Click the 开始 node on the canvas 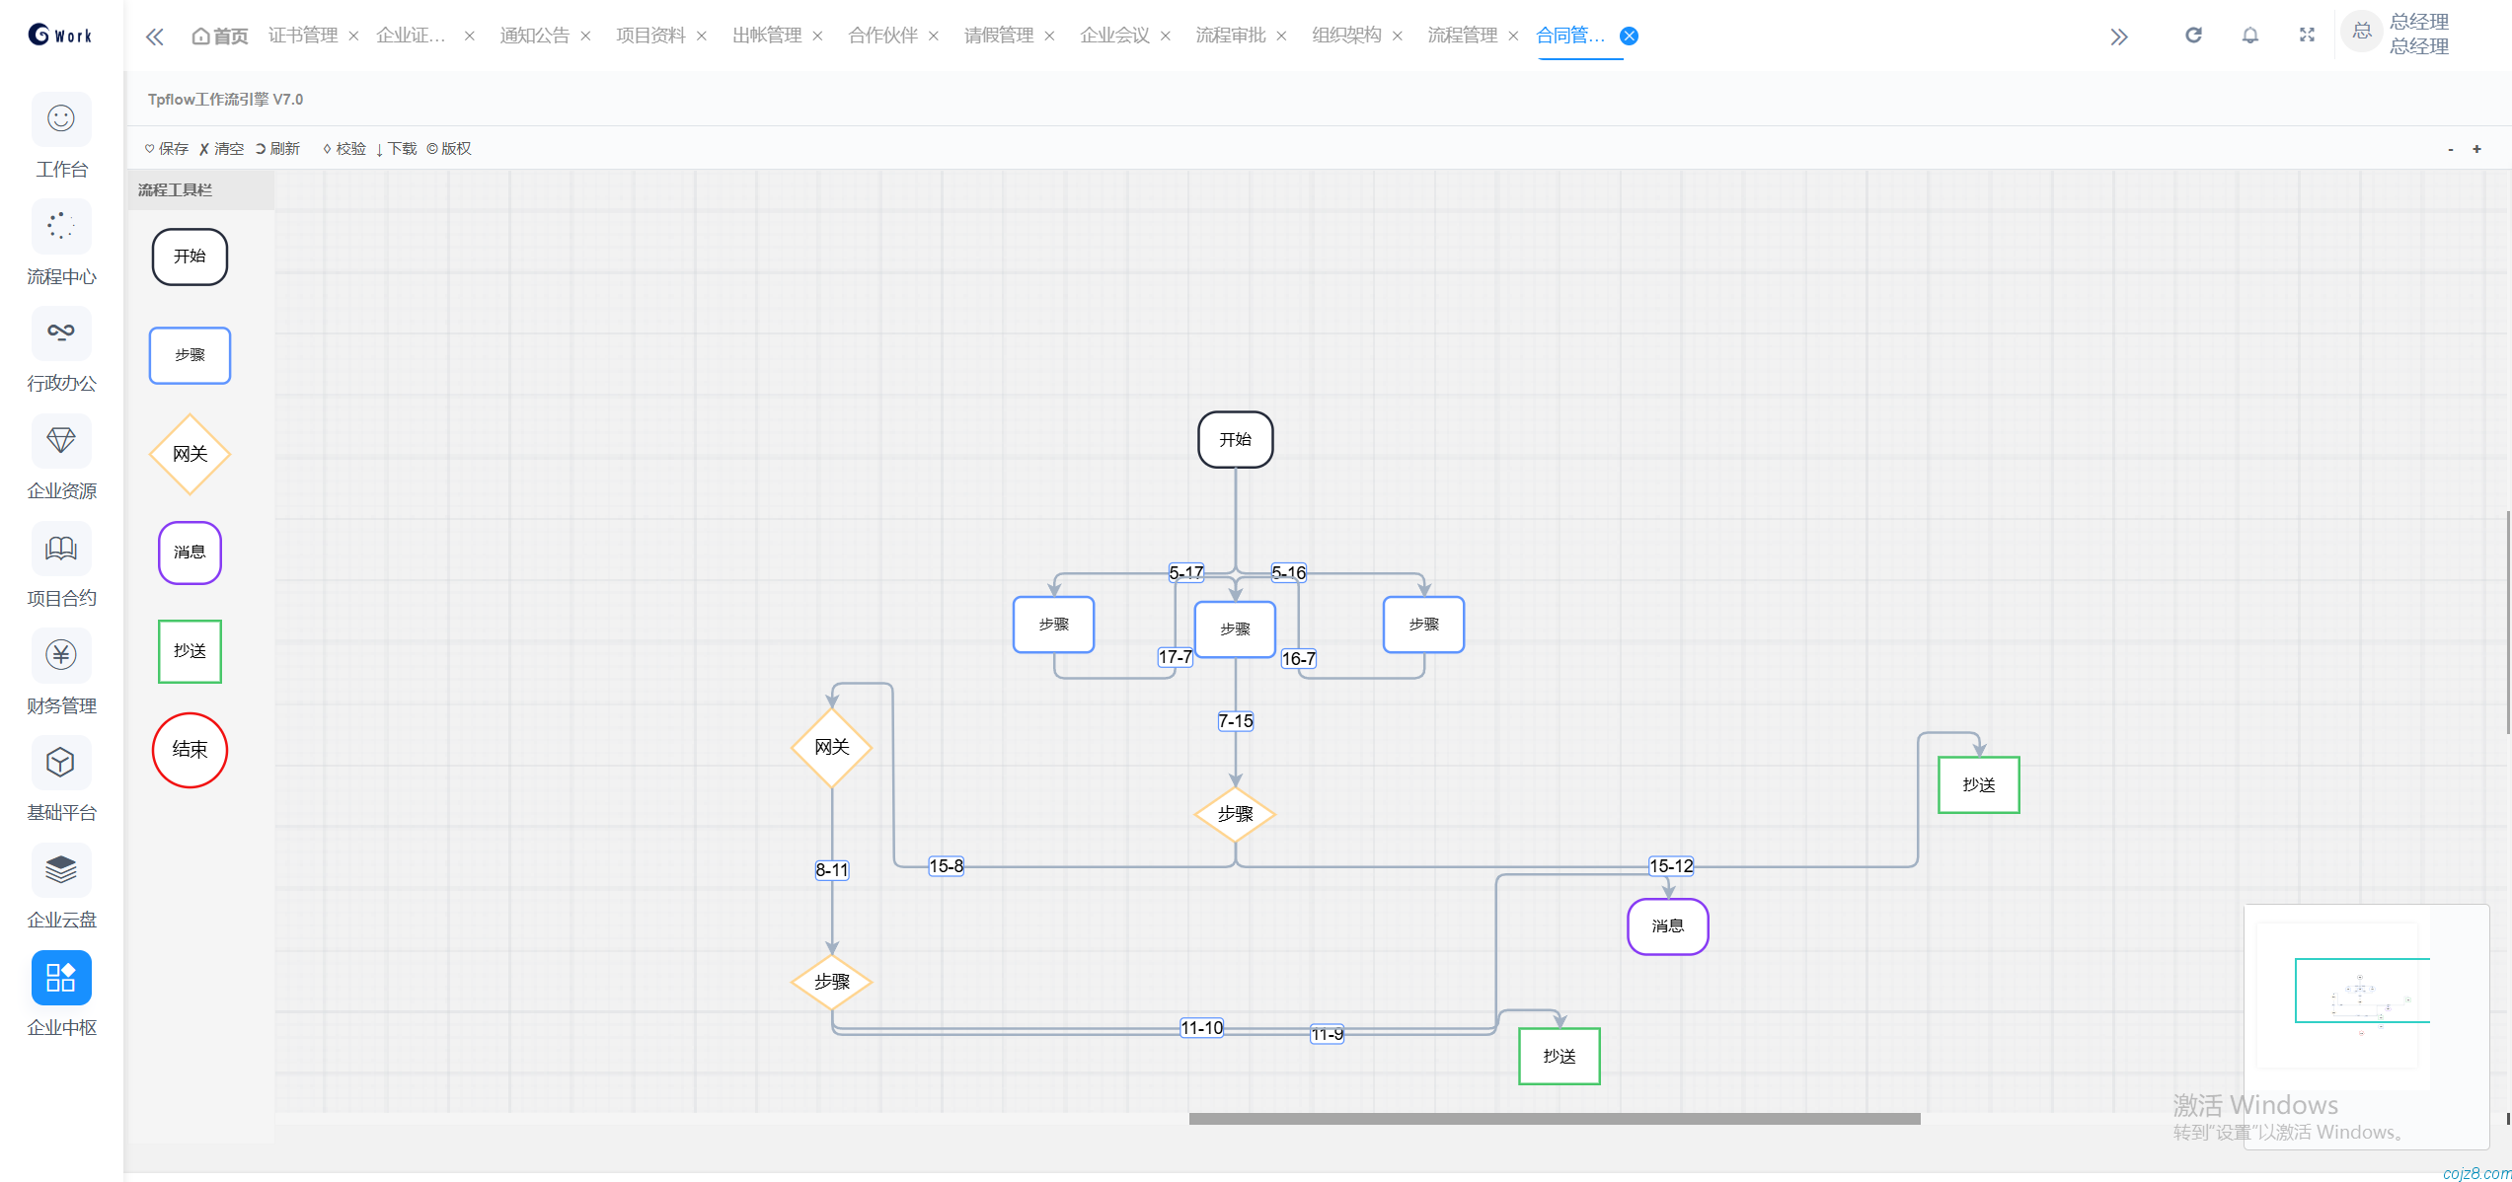pos(1235,440)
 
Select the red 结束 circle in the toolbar pos(190,750)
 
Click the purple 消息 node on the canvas pos(1667,926)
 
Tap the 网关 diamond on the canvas pos(832,748)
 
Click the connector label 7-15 pos(1235,721)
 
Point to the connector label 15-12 pos(1670,866)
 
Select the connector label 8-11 pos(832,870)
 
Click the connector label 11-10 pos(1201,1028)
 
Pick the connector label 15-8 pos(946,866)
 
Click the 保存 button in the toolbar pos(167,149)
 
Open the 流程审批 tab pos(1230,36)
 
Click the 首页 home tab pos(220,37)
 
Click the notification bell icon pos(2249,36)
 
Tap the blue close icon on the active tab pos(1630,37)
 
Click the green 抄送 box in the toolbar pos(190,651)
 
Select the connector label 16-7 pos(1298,659)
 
